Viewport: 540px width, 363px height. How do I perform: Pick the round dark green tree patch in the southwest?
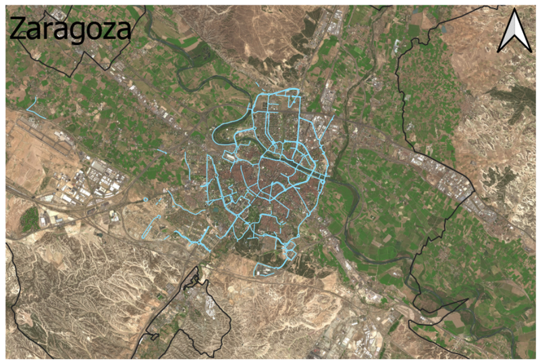[29, 218]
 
